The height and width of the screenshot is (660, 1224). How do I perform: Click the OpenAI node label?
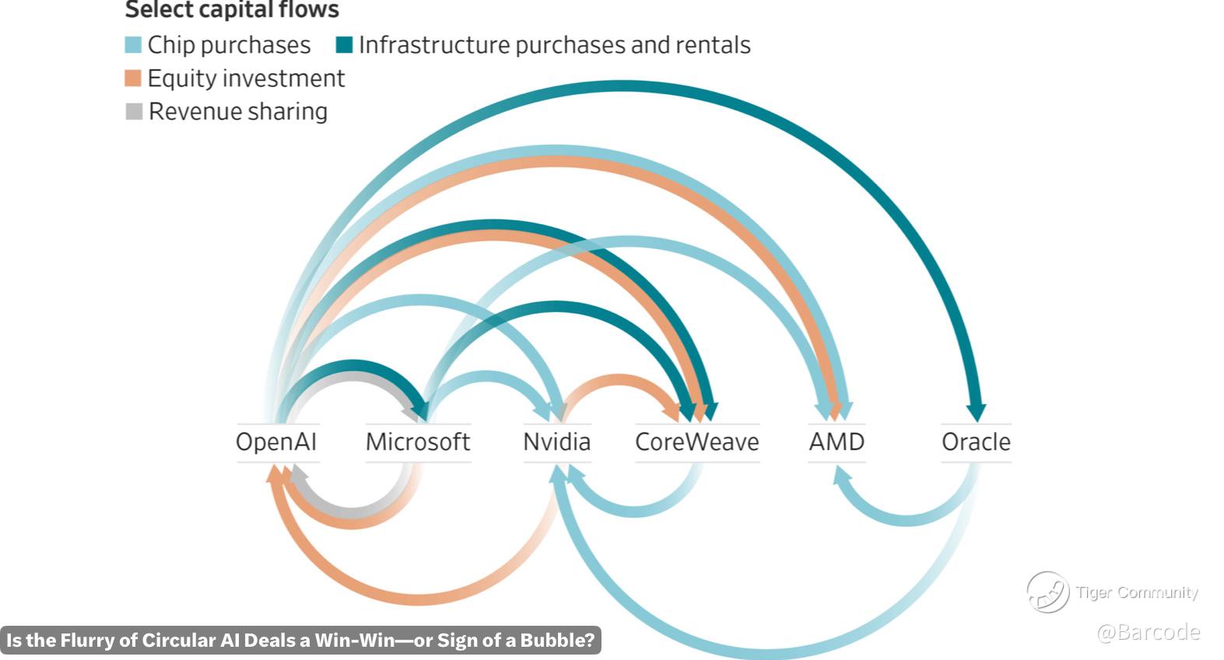pos(276,442)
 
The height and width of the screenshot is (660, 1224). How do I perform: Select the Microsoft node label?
pos(418,442)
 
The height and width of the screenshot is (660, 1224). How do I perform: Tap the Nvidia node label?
pos(556,442)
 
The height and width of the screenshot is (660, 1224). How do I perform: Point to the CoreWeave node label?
pos(696,442)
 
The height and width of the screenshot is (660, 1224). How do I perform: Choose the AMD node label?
pos(836,442)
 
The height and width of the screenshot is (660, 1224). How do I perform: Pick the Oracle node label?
pos(976,442)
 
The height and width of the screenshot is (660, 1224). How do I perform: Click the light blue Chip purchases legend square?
pos(133,45)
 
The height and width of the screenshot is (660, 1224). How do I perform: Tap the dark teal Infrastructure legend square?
pos(344,45)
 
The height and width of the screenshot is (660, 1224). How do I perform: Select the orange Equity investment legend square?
pos(133,79)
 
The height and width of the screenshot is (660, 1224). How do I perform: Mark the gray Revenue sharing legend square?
pos(134,112)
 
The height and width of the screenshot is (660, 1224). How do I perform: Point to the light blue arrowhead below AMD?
pos(838,472)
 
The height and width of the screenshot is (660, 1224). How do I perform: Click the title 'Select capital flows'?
pos(232,10)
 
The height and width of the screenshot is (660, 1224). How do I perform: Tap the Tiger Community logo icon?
pos(1047,592)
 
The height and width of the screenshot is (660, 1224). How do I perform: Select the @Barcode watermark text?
pos(1148,631)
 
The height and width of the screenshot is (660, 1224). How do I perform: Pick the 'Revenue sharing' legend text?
pos(237,112)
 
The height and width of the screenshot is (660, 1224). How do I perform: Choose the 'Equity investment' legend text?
pos(246,79)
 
